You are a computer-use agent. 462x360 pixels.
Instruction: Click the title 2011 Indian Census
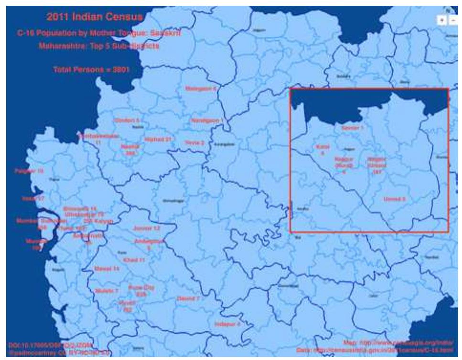coord(95,18)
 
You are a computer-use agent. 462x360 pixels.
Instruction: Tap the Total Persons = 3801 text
coord(91,69)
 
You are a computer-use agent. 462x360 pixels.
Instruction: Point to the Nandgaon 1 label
coord(206,120)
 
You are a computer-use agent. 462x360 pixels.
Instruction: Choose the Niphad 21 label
coord(158,139)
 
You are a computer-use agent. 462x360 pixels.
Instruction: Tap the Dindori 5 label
coord(127,120)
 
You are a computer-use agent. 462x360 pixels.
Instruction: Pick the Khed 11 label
coord(134,260)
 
